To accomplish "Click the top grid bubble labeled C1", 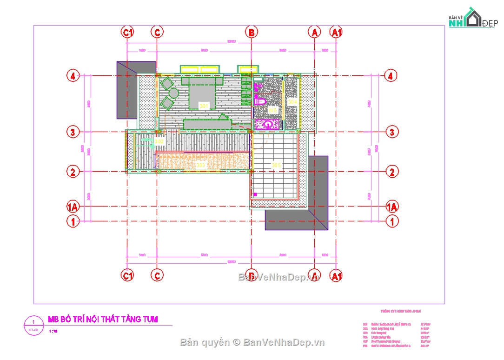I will (127, 32).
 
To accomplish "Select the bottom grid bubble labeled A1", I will (336, 276).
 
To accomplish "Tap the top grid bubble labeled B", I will (251, 32).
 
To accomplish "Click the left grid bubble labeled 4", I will (73, 75).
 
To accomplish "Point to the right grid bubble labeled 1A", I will (392, 207).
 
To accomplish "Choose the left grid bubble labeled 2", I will (73, 172).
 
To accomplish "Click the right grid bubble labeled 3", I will (392, 132).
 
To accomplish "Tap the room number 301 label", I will (204, 106).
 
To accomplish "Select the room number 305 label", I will (276, 165).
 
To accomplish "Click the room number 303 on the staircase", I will (201, 165).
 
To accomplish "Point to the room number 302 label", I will (159, 141).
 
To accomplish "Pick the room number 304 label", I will (292, 101).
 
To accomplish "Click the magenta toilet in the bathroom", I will (259, 100).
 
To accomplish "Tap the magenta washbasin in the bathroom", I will (268, 124).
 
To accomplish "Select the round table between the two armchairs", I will (173, 93).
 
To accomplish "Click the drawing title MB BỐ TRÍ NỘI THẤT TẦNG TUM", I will (103, 319).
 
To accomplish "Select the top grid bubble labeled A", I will (315, 32).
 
